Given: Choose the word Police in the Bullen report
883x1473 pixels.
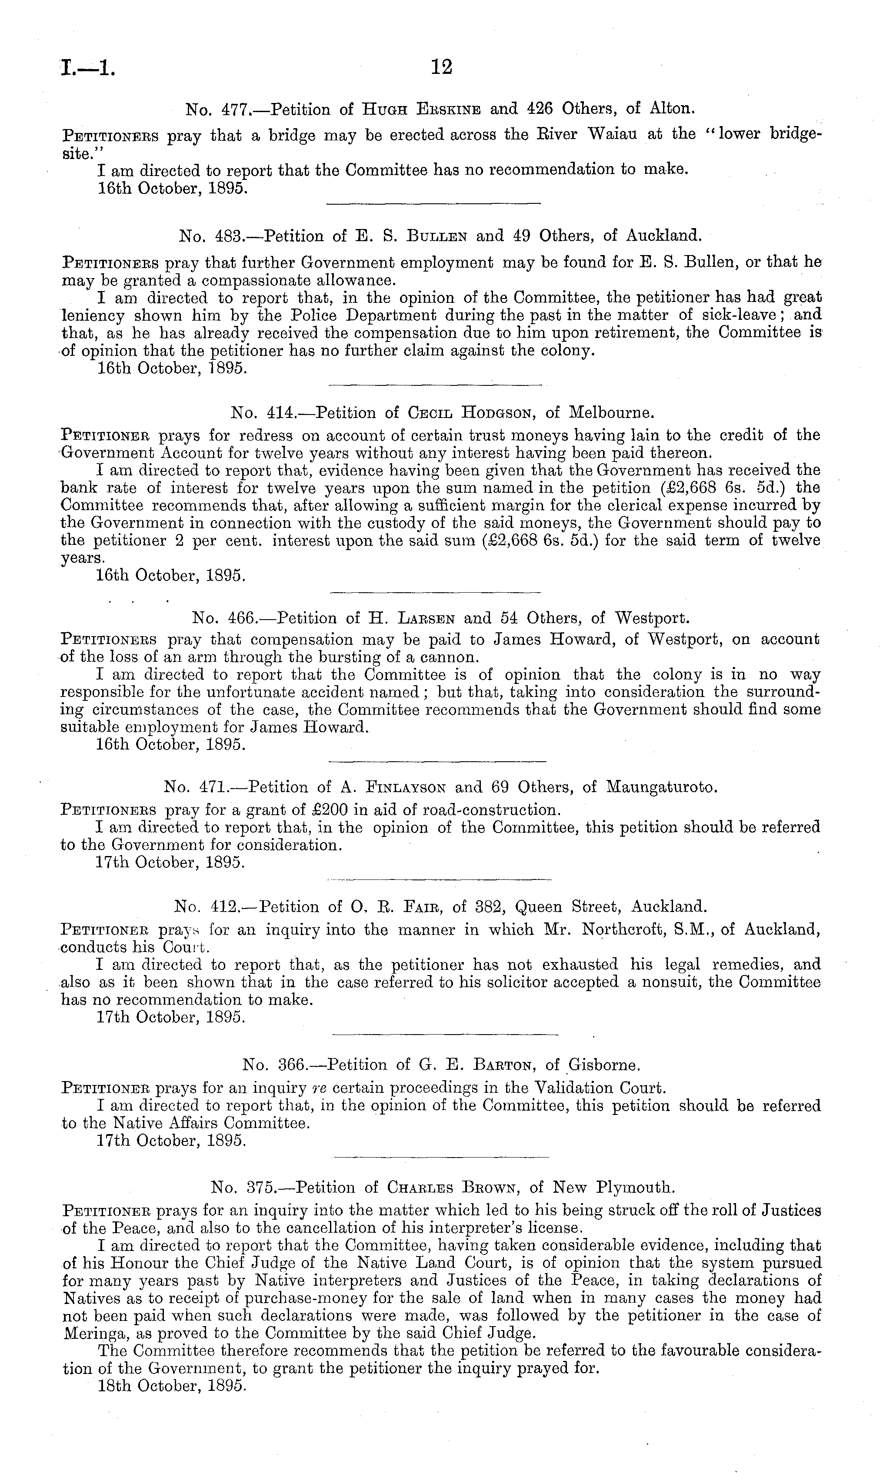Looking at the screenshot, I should [320, 315].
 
